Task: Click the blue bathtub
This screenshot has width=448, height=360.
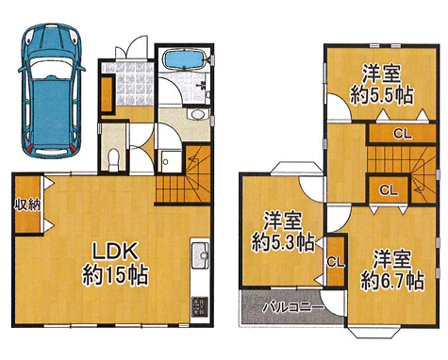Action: [x=185, y=59]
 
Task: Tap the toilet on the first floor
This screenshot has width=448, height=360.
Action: [x=113, y=159]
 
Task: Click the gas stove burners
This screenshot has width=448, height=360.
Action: [x=200, y=306]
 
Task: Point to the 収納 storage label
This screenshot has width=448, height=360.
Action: [x=27, y=205]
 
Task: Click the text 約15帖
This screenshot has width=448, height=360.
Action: [x=115, y=275]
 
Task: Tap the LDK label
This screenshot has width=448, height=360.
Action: [x=115, y=252]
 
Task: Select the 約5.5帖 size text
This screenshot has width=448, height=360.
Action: [x=381, y=95]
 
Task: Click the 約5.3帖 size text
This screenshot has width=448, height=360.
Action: [x=283, y=242]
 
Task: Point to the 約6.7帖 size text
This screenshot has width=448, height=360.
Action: [x=392, y=281]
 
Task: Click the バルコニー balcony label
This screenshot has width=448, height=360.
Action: [x=293, y=306]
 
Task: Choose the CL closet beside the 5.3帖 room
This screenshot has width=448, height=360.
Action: [x=336, y=261]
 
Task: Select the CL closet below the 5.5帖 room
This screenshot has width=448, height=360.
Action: [x=403, y=134]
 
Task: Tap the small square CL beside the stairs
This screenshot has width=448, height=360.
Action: [x=389, y=189]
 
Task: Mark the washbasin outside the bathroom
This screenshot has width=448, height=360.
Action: [x=197, y=114]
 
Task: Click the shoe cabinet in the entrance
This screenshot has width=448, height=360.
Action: [x=107, y=93]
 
